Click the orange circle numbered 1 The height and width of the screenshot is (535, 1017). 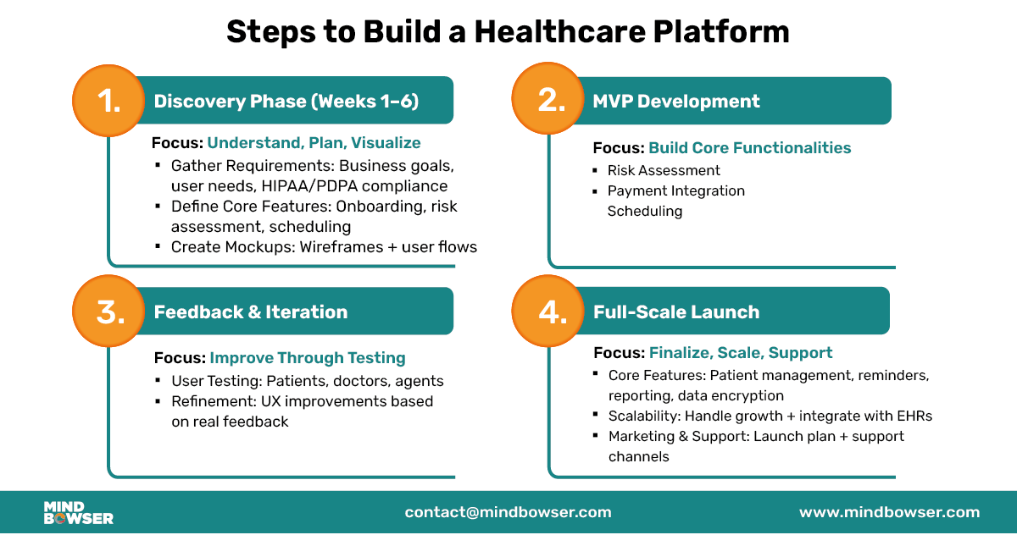[109, 101]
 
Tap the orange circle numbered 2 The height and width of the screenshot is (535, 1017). [551, 101]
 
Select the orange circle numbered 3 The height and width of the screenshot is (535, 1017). [109, 312]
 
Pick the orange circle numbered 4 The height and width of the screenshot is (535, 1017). [551, 312]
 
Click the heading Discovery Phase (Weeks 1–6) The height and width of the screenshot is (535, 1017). [286, 102]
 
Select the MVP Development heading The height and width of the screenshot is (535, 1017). [675, 102]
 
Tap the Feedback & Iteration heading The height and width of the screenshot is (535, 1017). [250, 312]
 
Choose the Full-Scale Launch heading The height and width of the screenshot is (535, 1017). [675, 312]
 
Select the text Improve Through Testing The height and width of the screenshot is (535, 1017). [307, 357]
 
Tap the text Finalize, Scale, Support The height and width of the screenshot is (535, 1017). [740, 352]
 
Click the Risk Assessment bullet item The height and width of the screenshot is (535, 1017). [664, 170]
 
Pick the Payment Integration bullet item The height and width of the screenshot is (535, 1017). [675, 190]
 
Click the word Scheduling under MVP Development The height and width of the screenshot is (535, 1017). [644, 211]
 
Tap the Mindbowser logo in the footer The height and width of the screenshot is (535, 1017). [78, 512]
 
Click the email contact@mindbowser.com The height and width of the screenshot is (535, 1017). [508, 512]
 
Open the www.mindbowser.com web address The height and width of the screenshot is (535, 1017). [889, 512]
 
